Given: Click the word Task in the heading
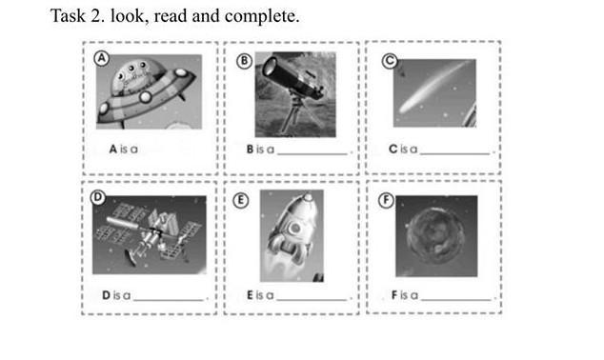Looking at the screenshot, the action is point(68,16).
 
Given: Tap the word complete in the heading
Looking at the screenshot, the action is point(262,17).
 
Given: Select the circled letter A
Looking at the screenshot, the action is point(102,58).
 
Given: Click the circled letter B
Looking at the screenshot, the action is point(244,61).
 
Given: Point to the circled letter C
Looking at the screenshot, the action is point(390,61).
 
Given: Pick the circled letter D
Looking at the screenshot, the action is point(98,197).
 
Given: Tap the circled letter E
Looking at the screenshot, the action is point(241,201).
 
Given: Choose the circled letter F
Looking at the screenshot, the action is point(386,200).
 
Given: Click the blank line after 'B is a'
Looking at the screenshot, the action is point(312,154).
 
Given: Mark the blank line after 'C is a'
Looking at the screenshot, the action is point(455,153).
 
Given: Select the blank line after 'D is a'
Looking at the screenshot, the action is point(169,300).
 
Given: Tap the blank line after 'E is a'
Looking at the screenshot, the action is point(312,299).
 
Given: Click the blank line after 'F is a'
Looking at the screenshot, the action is point(456,299).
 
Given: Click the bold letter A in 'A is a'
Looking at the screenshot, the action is point(112,149).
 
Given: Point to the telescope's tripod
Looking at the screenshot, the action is point(296,114).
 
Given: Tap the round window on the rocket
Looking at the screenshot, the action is point(295,229).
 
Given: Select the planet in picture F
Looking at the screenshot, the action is point(435,236).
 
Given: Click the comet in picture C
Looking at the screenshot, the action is point(435,87).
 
